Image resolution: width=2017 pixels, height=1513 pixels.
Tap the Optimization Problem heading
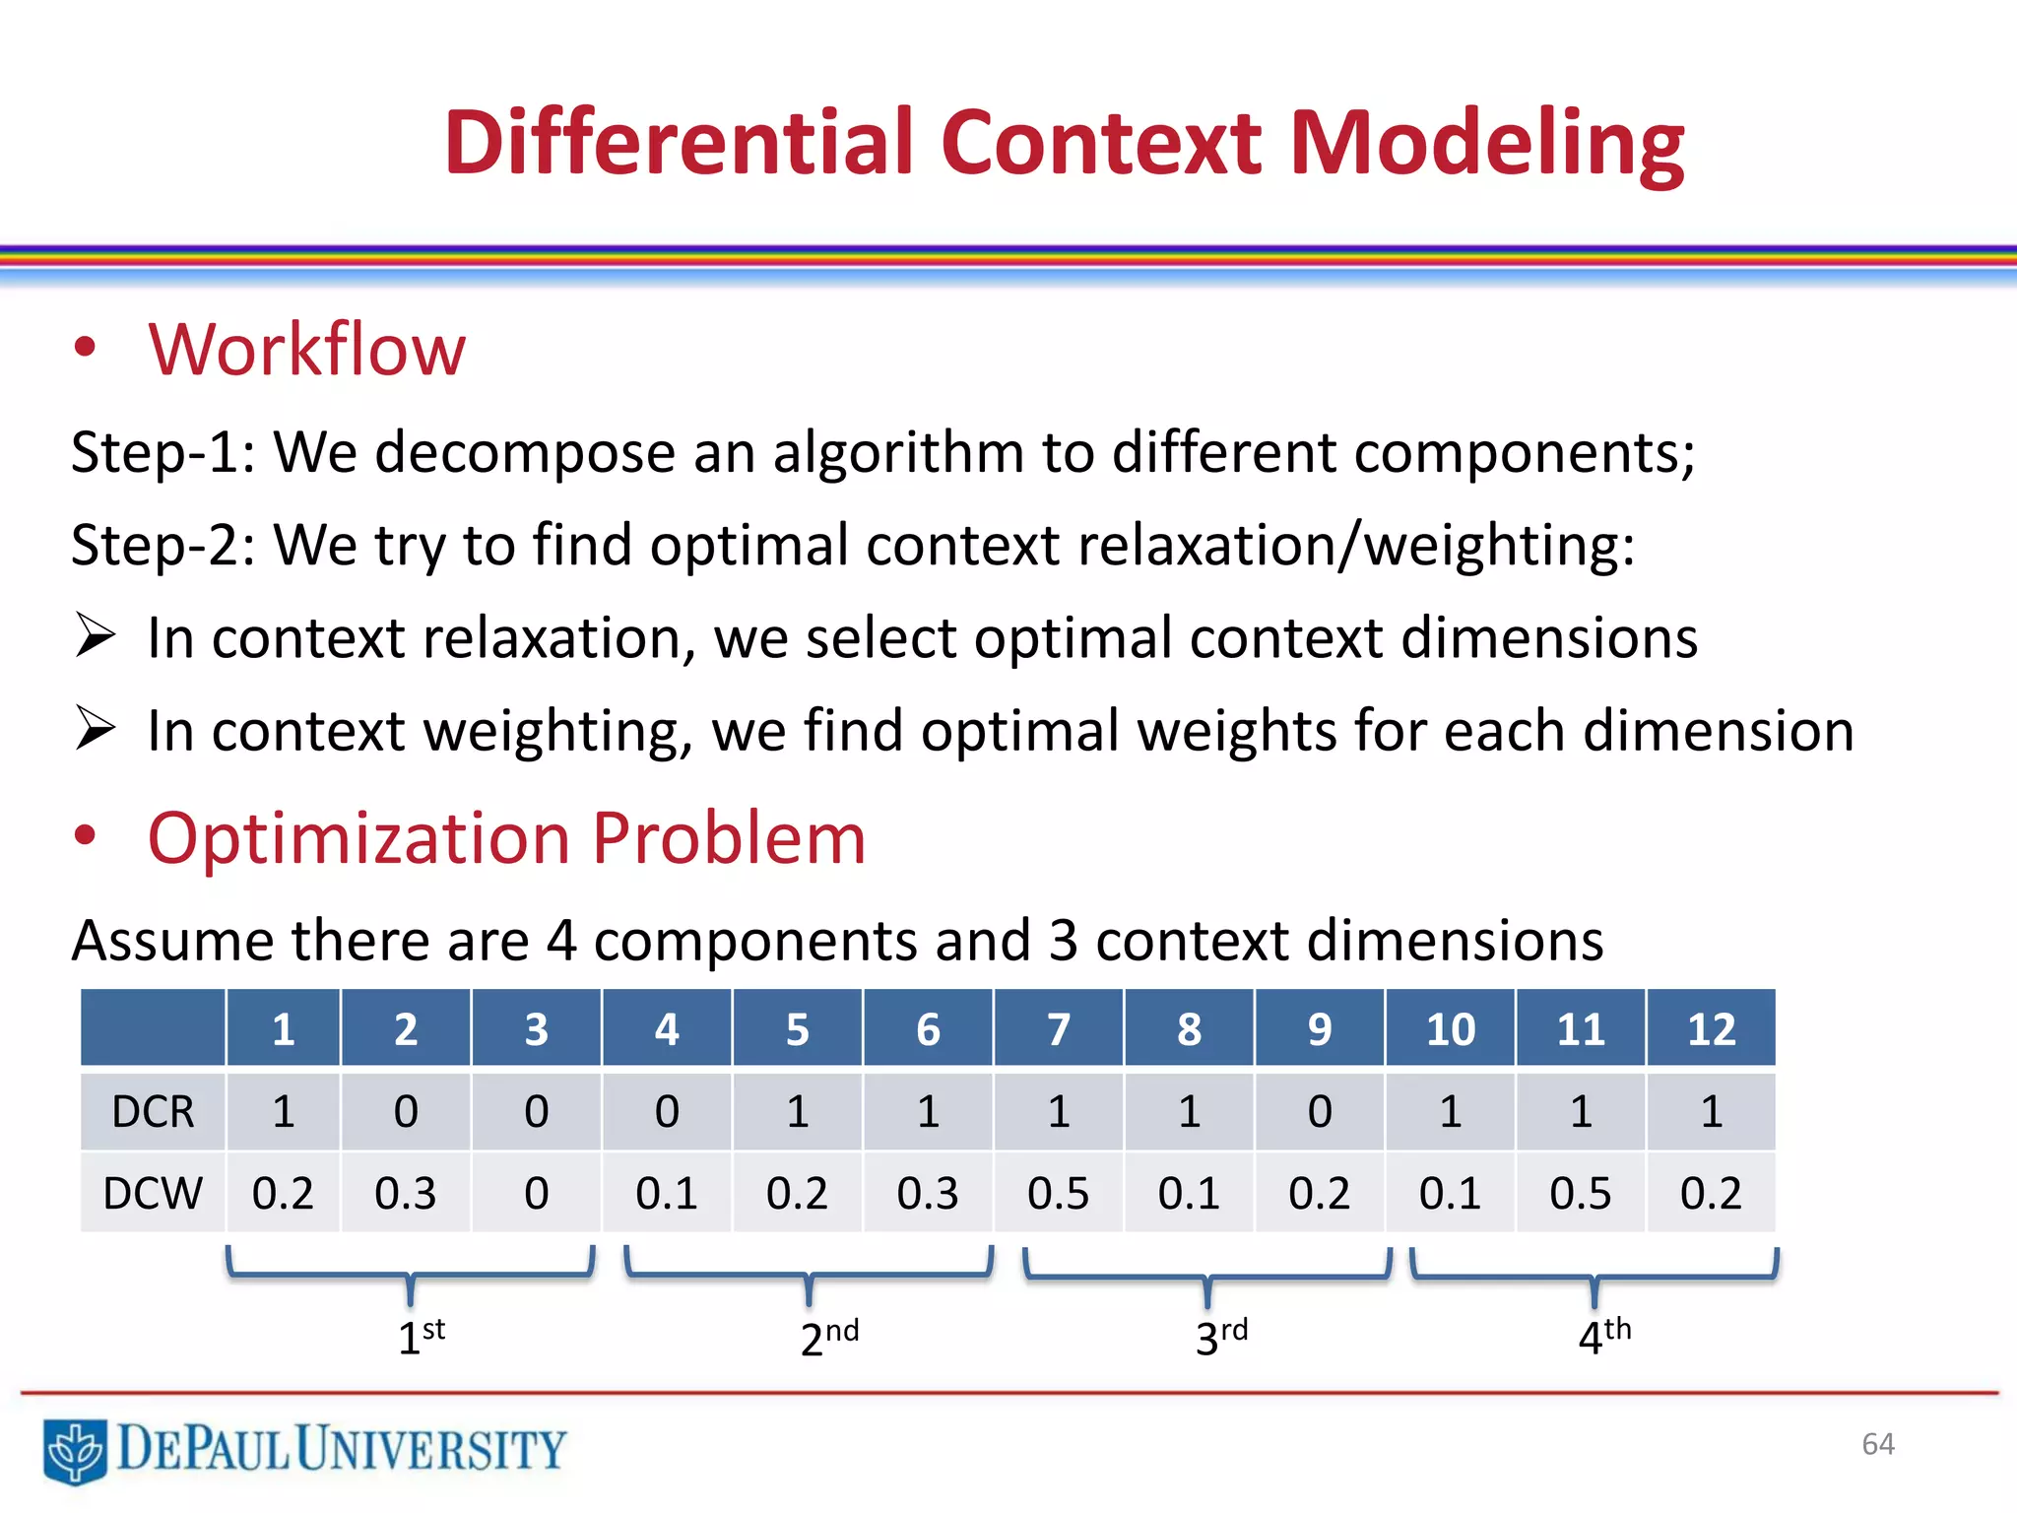(x=506, y=838)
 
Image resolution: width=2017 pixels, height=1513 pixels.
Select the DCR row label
(x=153, y=1111)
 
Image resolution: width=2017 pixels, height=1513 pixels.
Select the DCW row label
(x=153, y=1193)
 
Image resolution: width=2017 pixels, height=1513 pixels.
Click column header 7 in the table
(x=1059, y=1029)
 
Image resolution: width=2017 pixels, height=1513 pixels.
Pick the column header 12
(x=1711, y=1029)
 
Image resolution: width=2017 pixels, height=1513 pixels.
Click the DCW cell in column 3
(x=536, y=1193)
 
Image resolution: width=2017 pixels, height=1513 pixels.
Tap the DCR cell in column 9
(x=1320, y=1111)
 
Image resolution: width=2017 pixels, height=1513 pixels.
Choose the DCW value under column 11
(x=1580, y=1193)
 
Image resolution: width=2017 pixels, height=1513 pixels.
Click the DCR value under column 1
(x=284, y=1111)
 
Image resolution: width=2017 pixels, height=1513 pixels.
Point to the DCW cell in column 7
(x=1059, y=1193)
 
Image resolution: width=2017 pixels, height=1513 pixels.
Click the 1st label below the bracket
(x=421, y=1337)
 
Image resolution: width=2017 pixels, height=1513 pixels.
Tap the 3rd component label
(x=1220, y=1337)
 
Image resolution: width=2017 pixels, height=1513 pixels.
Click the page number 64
(x=1878, y=1444)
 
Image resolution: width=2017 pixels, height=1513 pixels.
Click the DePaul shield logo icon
(x=75, y=1450)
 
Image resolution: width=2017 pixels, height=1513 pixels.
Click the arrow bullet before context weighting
(x=97, y=729)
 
